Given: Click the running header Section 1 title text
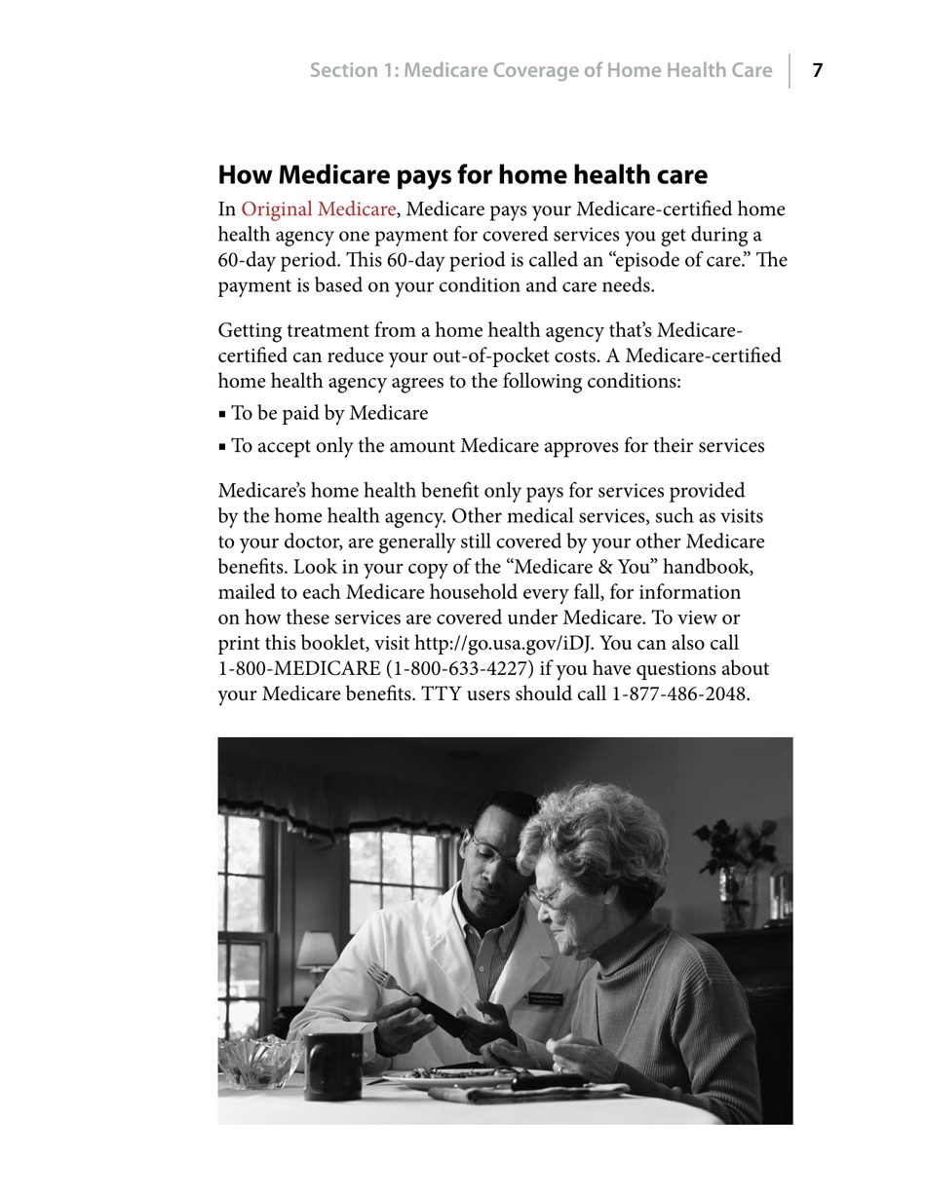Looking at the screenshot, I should point(535,71).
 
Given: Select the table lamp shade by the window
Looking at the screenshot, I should point(316,951).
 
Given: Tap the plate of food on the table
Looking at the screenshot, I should point(458,1075).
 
